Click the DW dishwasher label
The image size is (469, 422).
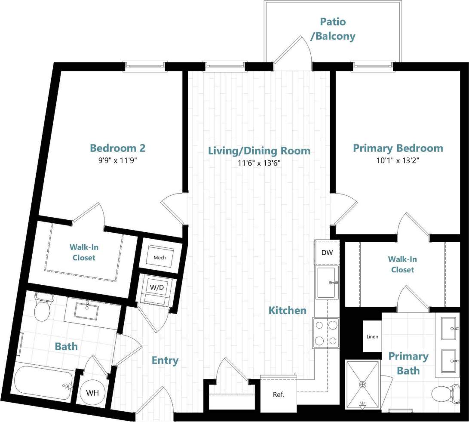[327, 253]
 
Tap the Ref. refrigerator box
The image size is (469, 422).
[279, 394]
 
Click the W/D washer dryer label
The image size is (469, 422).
[156, 287]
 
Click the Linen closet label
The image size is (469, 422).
[372, 336]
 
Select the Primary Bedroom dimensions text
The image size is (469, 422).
[398, 160]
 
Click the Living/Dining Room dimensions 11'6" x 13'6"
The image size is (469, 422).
[259, 163]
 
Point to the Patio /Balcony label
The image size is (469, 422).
[333, 29]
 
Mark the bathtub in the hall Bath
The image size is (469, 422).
[43, 381]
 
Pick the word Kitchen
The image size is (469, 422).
[288, 310]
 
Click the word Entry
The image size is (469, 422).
[165, 360]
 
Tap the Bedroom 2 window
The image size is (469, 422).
[145, 65]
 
